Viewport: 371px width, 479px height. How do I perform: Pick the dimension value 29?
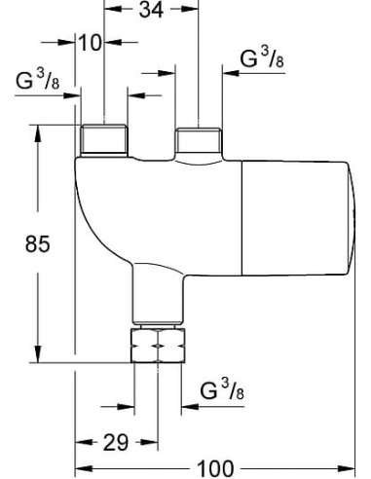pos(116,443)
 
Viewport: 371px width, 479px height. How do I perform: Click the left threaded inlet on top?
pos(105,140)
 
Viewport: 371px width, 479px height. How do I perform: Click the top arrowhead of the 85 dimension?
pos(38,129)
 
